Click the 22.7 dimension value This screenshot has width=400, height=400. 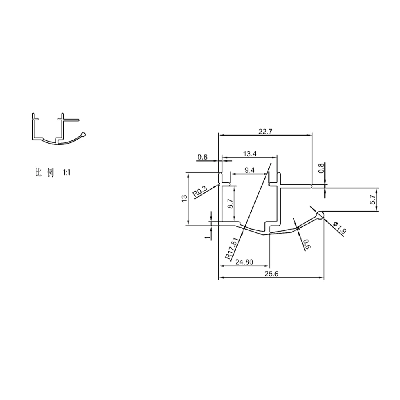pyautogui.click(x=264, y=131)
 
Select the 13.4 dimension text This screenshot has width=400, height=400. pyautogui.click(x=250, y=154)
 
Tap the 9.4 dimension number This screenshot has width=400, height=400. pyautogui.click(x=249, y=170)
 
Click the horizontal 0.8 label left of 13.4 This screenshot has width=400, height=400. pyautogui.click(x=202, y=157)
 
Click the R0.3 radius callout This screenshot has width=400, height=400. pyautogui.click(x=200, y=192)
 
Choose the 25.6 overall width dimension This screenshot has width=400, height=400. pyautogui.click(x=270, y=274)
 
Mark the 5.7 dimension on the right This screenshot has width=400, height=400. pyautogui.click(x=372, y=200)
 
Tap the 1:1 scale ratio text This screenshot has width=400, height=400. pyautogui.click(x=66, y=173)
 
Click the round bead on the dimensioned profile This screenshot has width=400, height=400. pyautogui.click(x=320, y=216)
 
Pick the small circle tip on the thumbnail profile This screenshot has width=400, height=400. pyautogui.click(x=84, y=134)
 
